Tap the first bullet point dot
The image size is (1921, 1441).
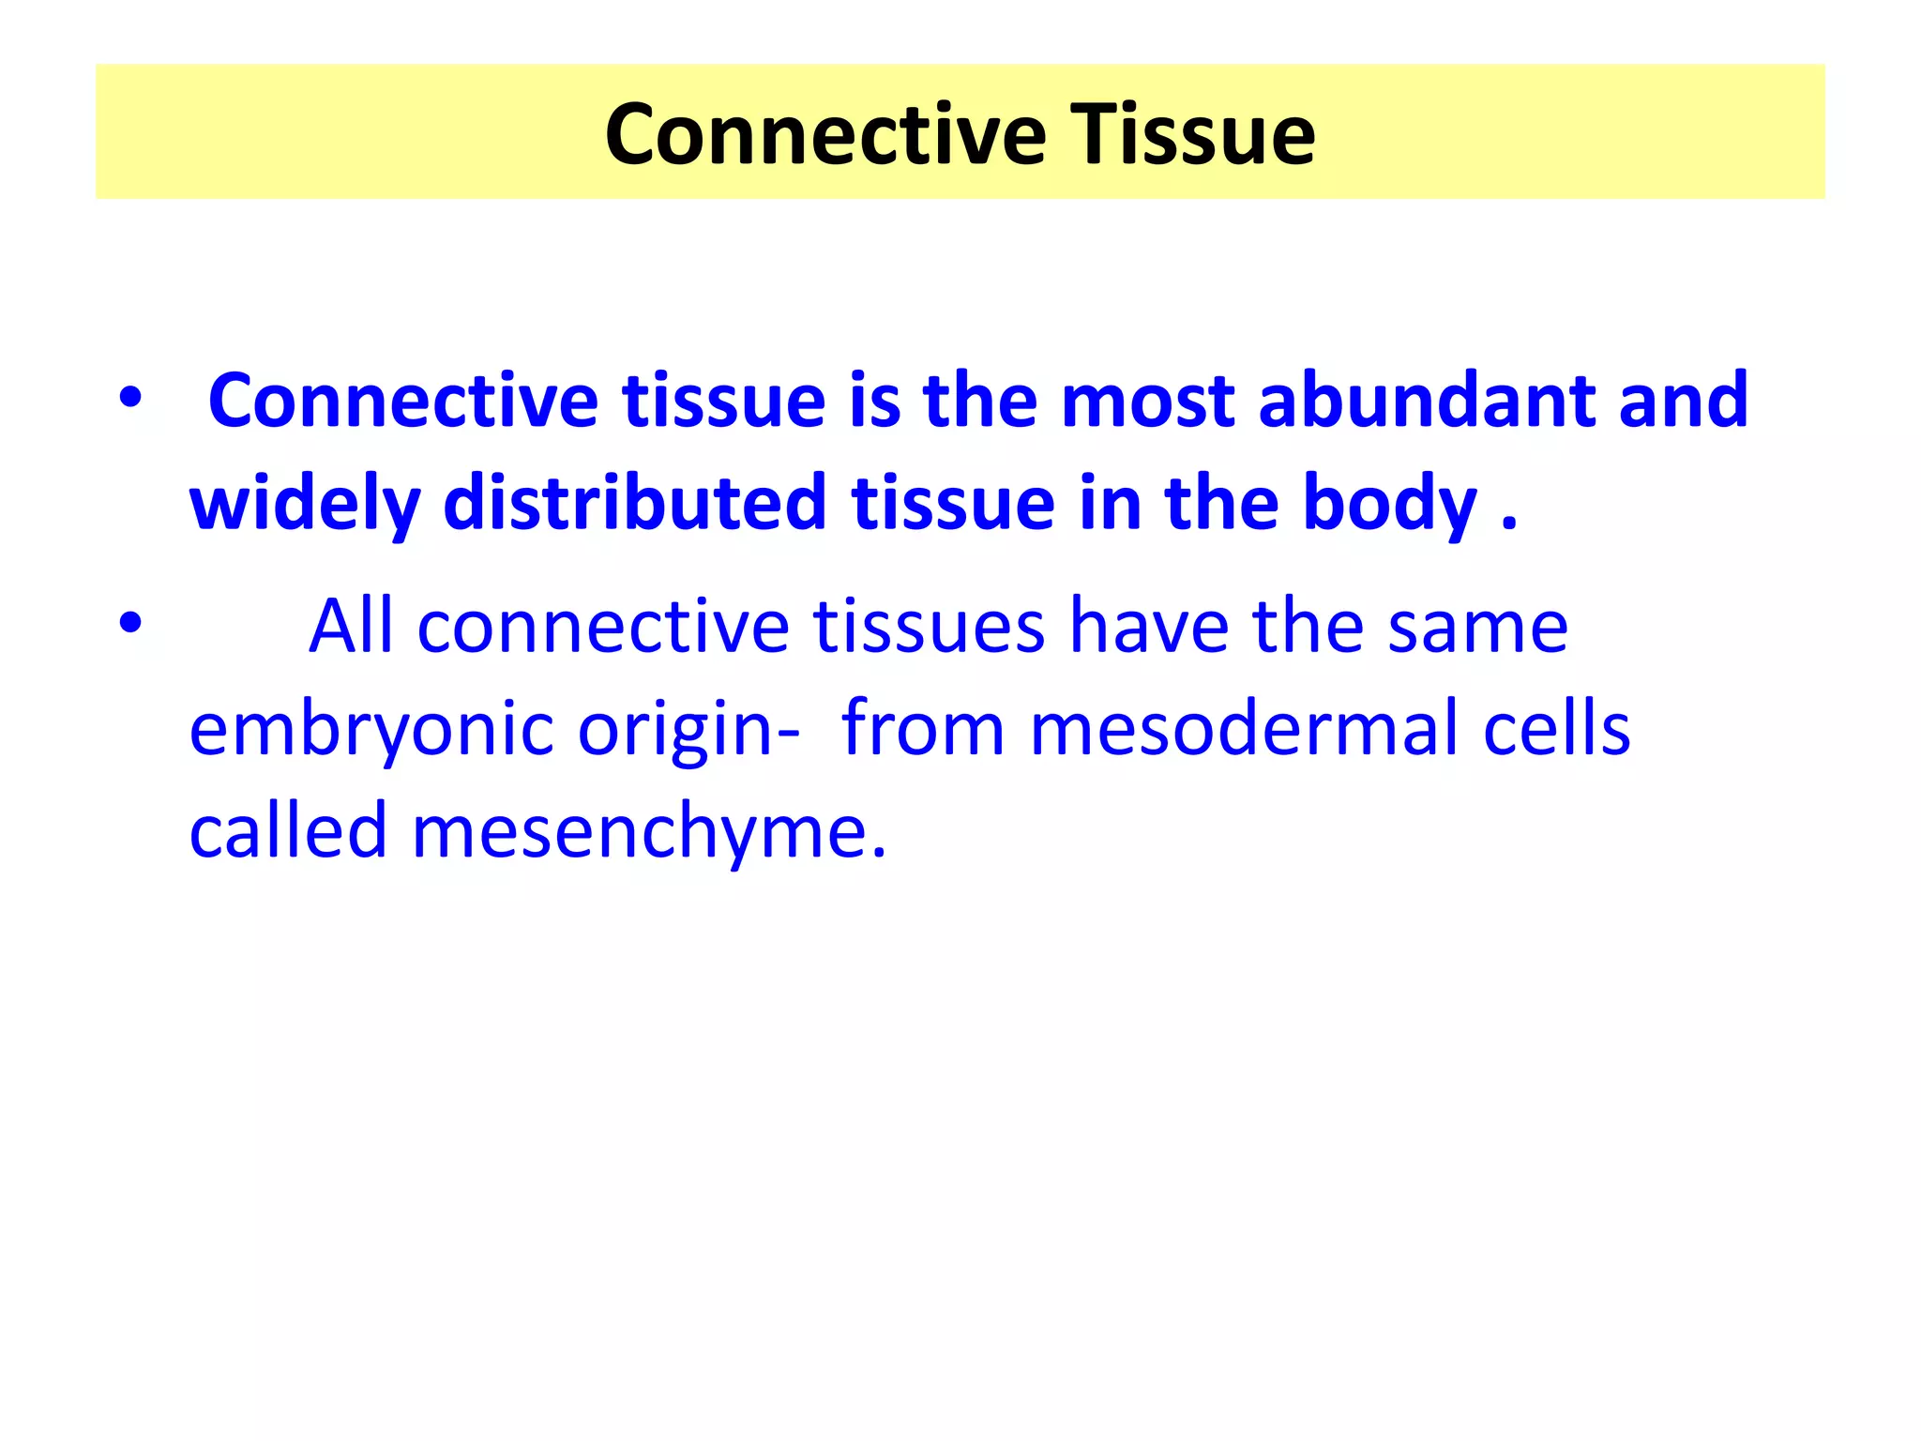tap(130, 398)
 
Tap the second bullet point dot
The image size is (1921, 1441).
tap(130, 622)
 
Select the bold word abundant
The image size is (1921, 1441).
tap(1425, 401)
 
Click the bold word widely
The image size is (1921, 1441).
tap(304, 504)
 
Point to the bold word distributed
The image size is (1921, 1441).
tap(634, 504)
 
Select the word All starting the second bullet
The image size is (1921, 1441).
tap(351, 626)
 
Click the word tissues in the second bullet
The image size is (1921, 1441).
tap(929, 626)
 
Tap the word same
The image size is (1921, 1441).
tap(1477, 626)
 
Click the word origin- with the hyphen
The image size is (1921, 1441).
tap(688, 729)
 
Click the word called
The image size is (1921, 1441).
tap(288, 830)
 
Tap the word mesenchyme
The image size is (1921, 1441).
tap(647, 830)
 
